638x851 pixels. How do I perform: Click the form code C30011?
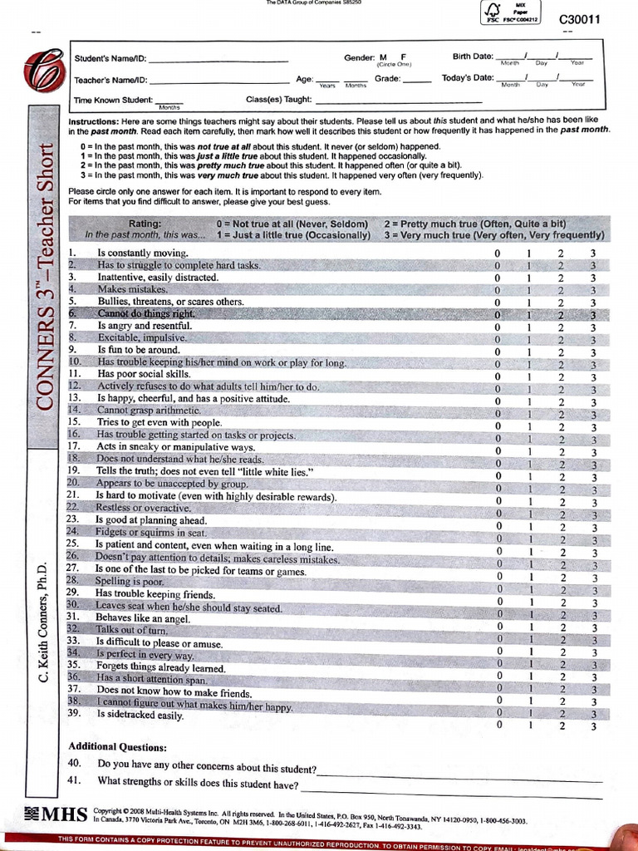click(579, 19)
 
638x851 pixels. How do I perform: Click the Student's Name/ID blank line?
click(218, 60)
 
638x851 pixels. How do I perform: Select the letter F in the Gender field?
click(403, 57)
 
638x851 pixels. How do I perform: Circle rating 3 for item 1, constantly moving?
click(593, 253)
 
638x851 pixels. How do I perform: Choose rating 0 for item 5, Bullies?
click(498, 303)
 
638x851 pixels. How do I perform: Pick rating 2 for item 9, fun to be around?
click(561, 352)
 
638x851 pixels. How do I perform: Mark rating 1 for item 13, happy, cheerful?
click(528, 402)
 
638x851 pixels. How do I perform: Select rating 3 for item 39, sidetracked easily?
click(593, 726)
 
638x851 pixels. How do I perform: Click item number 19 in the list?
click(73, 470)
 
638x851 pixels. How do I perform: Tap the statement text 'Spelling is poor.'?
click(130, 581)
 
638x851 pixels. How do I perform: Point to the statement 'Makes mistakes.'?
click(132, 289)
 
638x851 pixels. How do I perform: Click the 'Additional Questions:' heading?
click(117, 746)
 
